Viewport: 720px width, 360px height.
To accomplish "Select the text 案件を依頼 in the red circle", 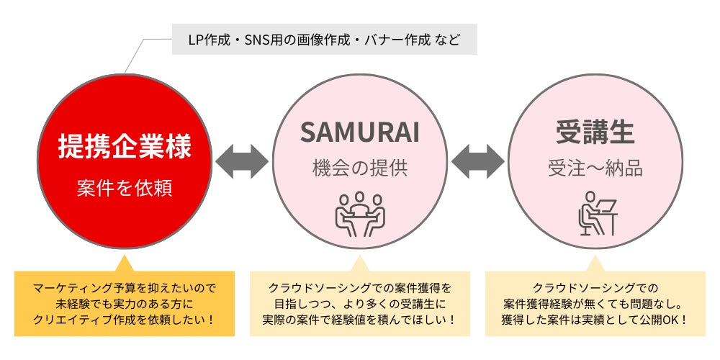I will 125,189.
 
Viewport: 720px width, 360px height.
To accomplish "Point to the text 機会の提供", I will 360,170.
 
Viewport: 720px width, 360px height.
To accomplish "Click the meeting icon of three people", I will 360,213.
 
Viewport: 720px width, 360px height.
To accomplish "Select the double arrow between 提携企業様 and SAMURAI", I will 242,161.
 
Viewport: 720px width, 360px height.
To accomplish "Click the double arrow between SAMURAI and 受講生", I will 477,161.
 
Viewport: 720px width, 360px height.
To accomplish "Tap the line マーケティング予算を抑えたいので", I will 125,288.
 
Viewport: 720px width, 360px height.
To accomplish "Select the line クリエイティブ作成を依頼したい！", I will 125,318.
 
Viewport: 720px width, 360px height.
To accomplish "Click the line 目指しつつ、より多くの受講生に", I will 360,303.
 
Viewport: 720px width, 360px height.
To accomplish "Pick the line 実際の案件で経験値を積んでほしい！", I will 360,318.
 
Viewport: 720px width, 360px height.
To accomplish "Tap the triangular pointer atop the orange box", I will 125,262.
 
